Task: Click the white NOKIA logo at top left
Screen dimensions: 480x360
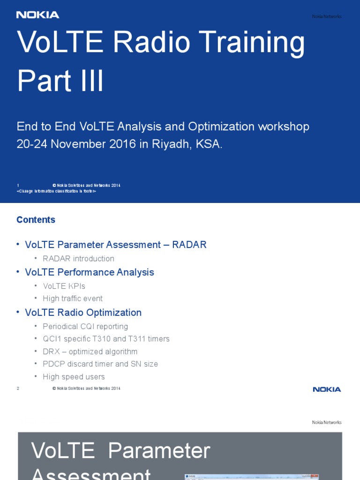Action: tap(38, 15)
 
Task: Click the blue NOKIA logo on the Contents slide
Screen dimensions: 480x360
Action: tap(327, 389)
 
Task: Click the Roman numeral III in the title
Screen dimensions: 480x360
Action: tap(90, 81)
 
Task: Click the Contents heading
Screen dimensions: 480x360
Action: tap(36, 220)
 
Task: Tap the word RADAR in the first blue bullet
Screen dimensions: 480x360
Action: tap(189, 245)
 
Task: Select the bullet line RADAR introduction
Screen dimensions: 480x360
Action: tap(78, 259)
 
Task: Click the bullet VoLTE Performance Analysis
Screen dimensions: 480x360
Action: tap(89, 272)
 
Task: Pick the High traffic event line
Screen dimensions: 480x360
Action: tap(72, 299)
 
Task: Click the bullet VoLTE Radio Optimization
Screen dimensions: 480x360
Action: tap(83, 313)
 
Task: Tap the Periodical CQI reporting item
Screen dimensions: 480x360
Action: tap(85, 326)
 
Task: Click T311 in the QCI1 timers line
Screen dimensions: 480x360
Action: tap(159, 339)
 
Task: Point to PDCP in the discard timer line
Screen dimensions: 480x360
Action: tap(52, 364)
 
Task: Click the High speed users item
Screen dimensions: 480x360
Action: tap(74, 377)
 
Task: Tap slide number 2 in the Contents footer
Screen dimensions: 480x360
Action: tap(18, 389)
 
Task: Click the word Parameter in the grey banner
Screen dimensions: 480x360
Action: tap(159, 451)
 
